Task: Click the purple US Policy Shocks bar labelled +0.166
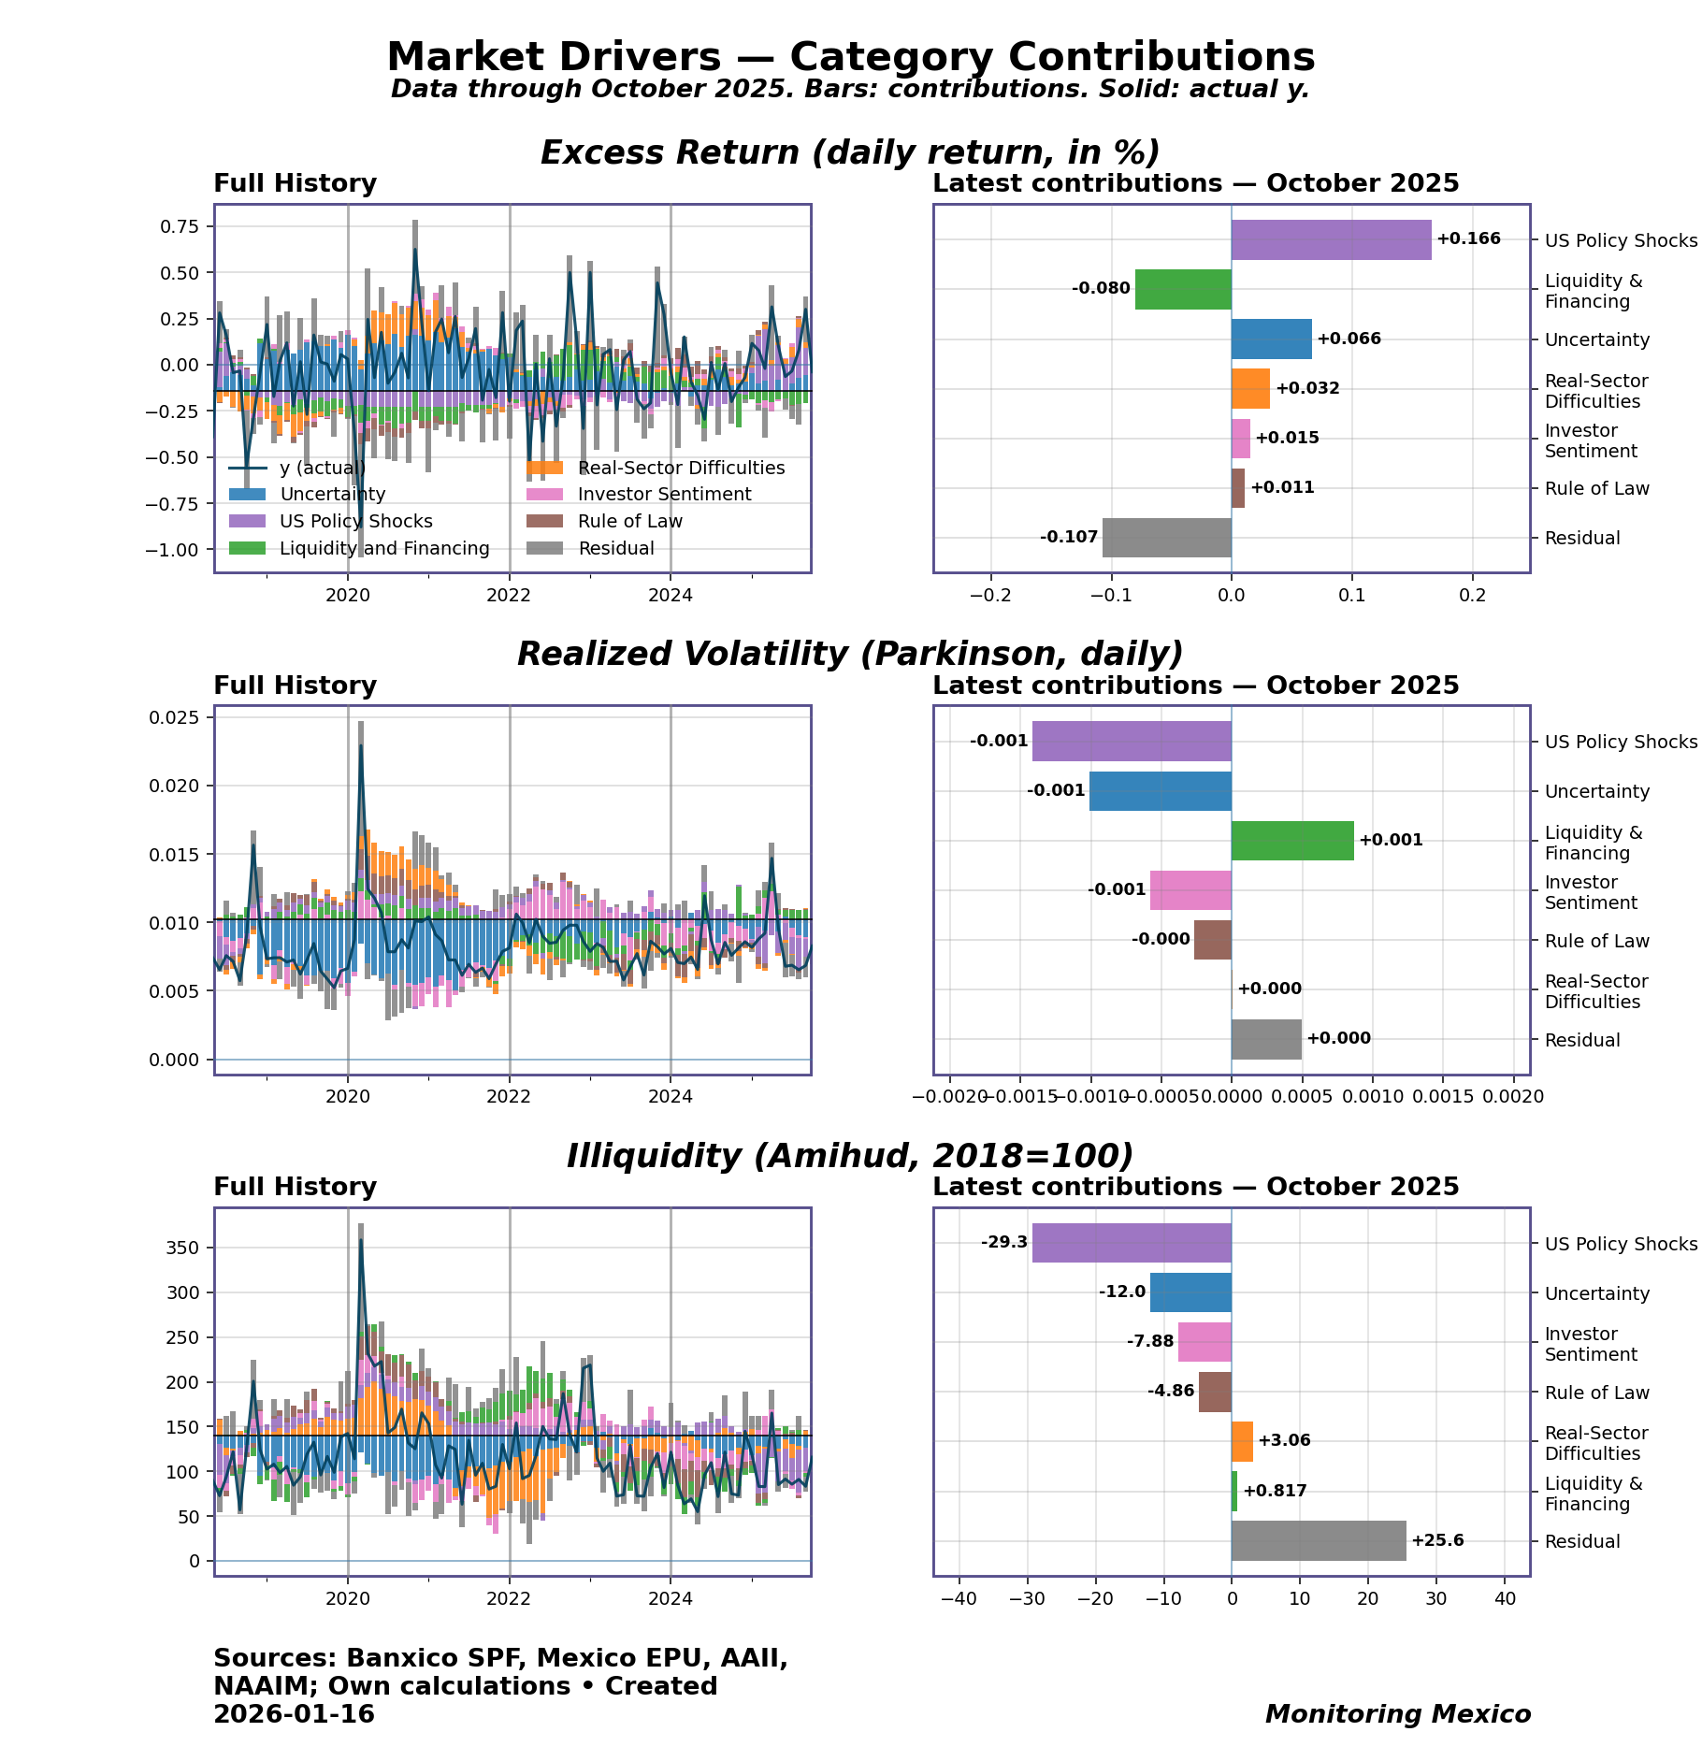[1331, 239]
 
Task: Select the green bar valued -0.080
[1183, 289]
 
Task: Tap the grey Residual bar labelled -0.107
[1166, 538]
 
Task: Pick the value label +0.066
[1349, 339]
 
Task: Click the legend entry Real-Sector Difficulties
[681, 469]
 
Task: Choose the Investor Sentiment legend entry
[664, 495]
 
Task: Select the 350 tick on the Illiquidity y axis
[182, 1248]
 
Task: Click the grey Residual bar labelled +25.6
[1319, 1540]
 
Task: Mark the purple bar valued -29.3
[1132, 1243]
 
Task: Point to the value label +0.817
[1275, 1491]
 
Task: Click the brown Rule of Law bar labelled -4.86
[1215, 1392]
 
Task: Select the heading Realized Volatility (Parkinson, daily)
[850, 655]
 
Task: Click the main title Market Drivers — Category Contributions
[850, 57]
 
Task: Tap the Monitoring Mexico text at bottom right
[1398, 1714]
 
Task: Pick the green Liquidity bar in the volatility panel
[1292, 841]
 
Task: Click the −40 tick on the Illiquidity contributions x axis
[958, 1599]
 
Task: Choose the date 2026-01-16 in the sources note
[294, 1714]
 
